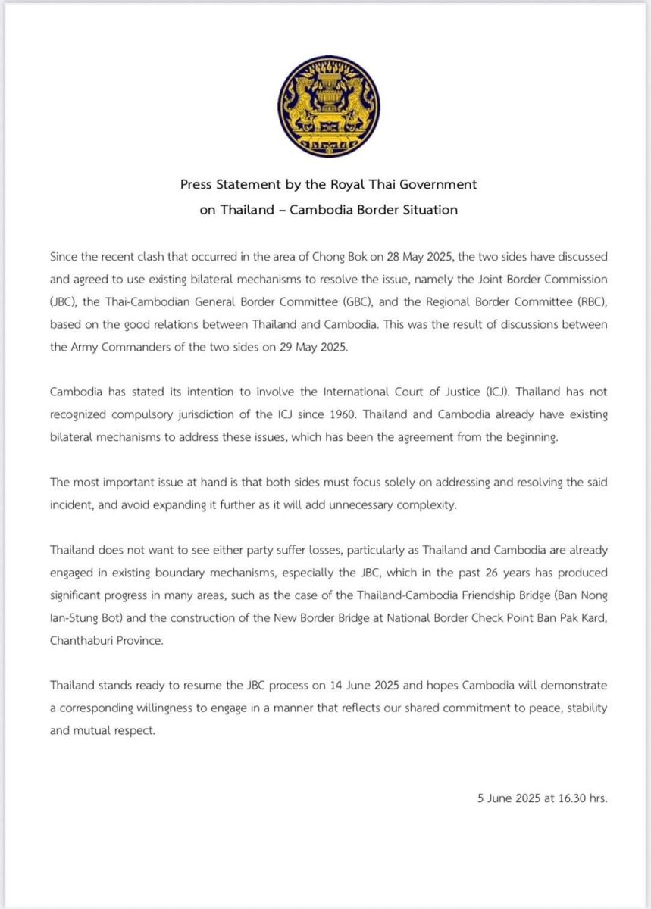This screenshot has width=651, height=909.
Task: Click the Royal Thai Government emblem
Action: tap(328, 106)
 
